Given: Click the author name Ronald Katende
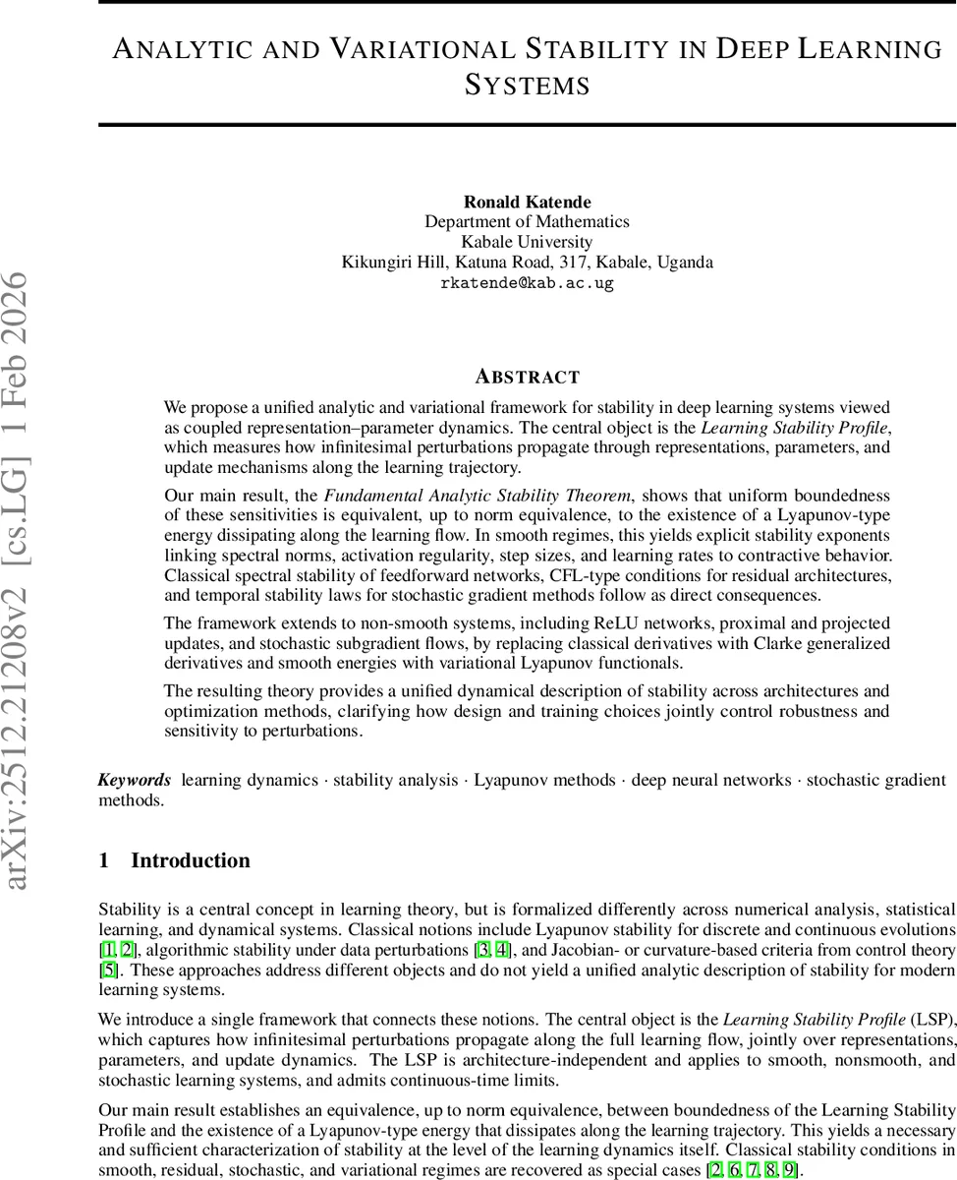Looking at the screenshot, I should tap(527, 202).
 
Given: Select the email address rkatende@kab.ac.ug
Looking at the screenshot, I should tap(527, 283).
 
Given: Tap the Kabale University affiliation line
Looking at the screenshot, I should tap(527, 242).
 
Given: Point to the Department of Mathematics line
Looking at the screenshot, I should tap(527, 222).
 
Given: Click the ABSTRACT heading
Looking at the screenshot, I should tap(527, 377).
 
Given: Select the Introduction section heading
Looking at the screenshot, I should tap(190, 860).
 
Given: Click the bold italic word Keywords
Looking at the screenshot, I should tap(135, 780).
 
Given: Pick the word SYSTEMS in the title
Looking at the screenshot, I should tap(527, 85).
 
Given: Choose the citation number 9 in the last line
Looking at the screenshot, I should tap(789, 1170).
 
